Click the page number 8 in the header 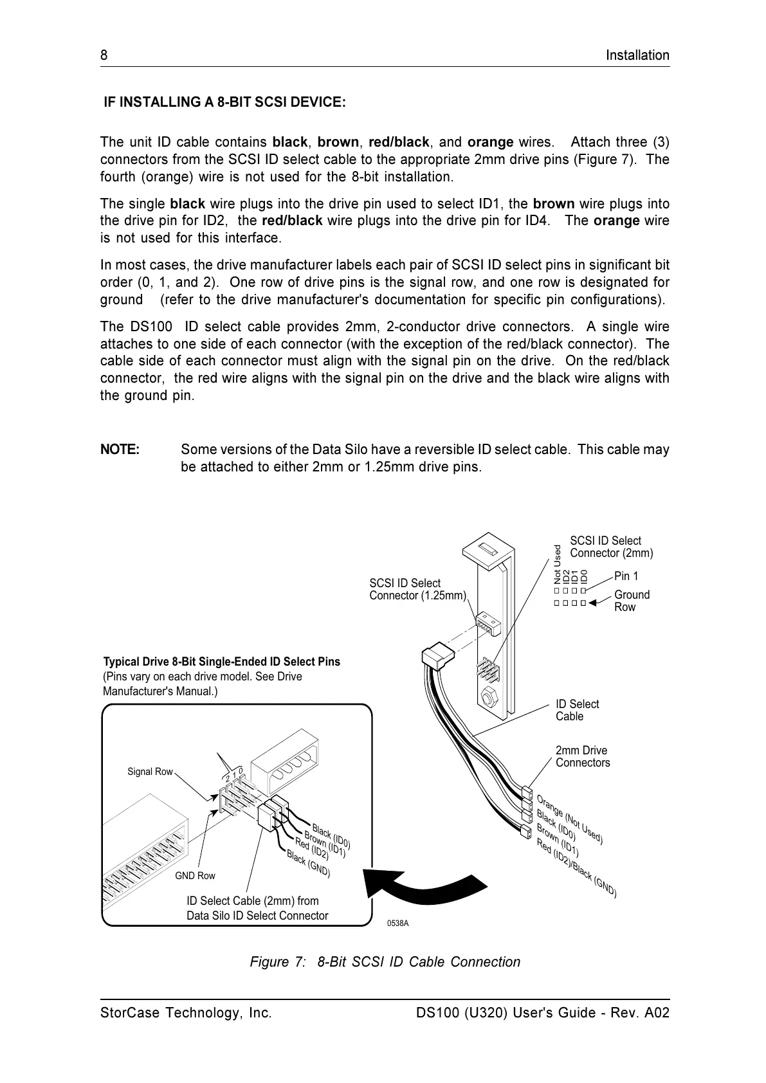click(104, 55)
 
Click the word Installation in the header click(637, 55)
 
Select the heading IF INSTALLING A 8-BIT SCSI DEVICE click(225, 102)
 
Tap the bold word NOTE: click(120, 450)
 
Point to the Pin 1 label click(626, 576)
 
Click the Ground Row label click(632, 601)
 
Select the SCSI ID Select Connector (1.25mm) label click(417, 589)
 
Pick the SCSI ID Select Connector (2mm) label click(611, 547)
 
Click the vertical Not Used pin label click(558, 564)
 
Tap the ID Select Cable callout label click(577, 710)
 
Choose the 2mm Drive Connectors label click(583, 756)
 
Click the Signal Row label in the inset click(150, 771)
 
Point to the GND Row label click(195, 875)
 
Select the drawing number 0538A click(397, 924)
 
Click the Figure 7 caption click(385, 961)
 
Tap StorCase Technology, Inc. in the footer click(186, 1013)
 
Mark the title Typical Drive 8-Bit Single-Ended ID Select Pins click(222, 662)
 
